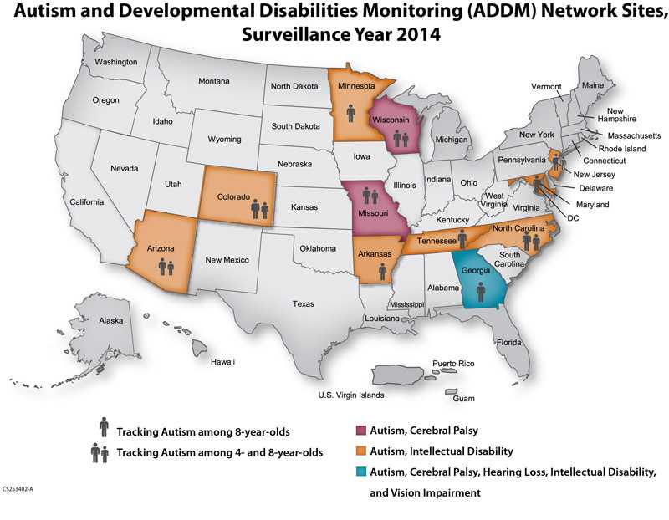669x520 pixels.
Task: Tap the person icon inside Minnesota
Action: point(351,113)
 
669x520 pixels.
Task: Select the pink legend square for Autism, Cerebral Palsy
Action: point(360,430)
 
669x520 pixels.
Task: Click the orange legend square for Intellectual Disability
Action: point(360,451)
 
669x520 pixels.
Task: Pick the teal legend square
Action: point(360,472)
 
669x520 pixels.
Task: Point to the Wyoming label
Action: point(224,139)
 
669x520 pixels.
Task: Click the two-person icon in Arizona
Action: point(166,268)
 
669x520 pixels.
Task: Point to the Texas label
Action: point(304,303)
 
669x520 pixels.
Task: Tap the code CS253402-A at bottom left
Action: point(22,486)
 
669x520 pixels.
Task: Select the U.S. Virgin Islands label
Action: point(350,394)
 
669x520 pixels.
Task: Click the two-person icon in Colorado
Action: point(259,210)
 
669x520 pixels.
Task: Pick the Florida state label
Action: point(508,343)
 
